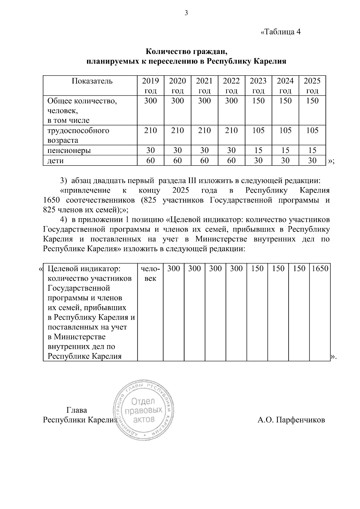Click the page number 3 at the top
186,13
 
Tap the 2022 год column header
231,85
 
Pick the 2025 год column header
312,85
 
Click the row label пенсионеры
69,150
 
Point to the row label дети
55,160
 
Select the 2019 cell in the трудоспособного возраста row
150,130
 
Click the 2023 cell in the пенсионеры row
258,150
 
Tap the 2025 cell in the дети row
312,160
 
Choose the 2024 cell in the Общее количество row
285,101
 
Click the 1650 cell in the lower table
320,268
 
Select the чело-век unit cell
150,273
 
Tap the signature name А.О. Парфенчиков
291,420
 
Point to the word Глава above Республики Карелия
76,410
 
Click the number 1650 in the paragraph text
52,200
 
